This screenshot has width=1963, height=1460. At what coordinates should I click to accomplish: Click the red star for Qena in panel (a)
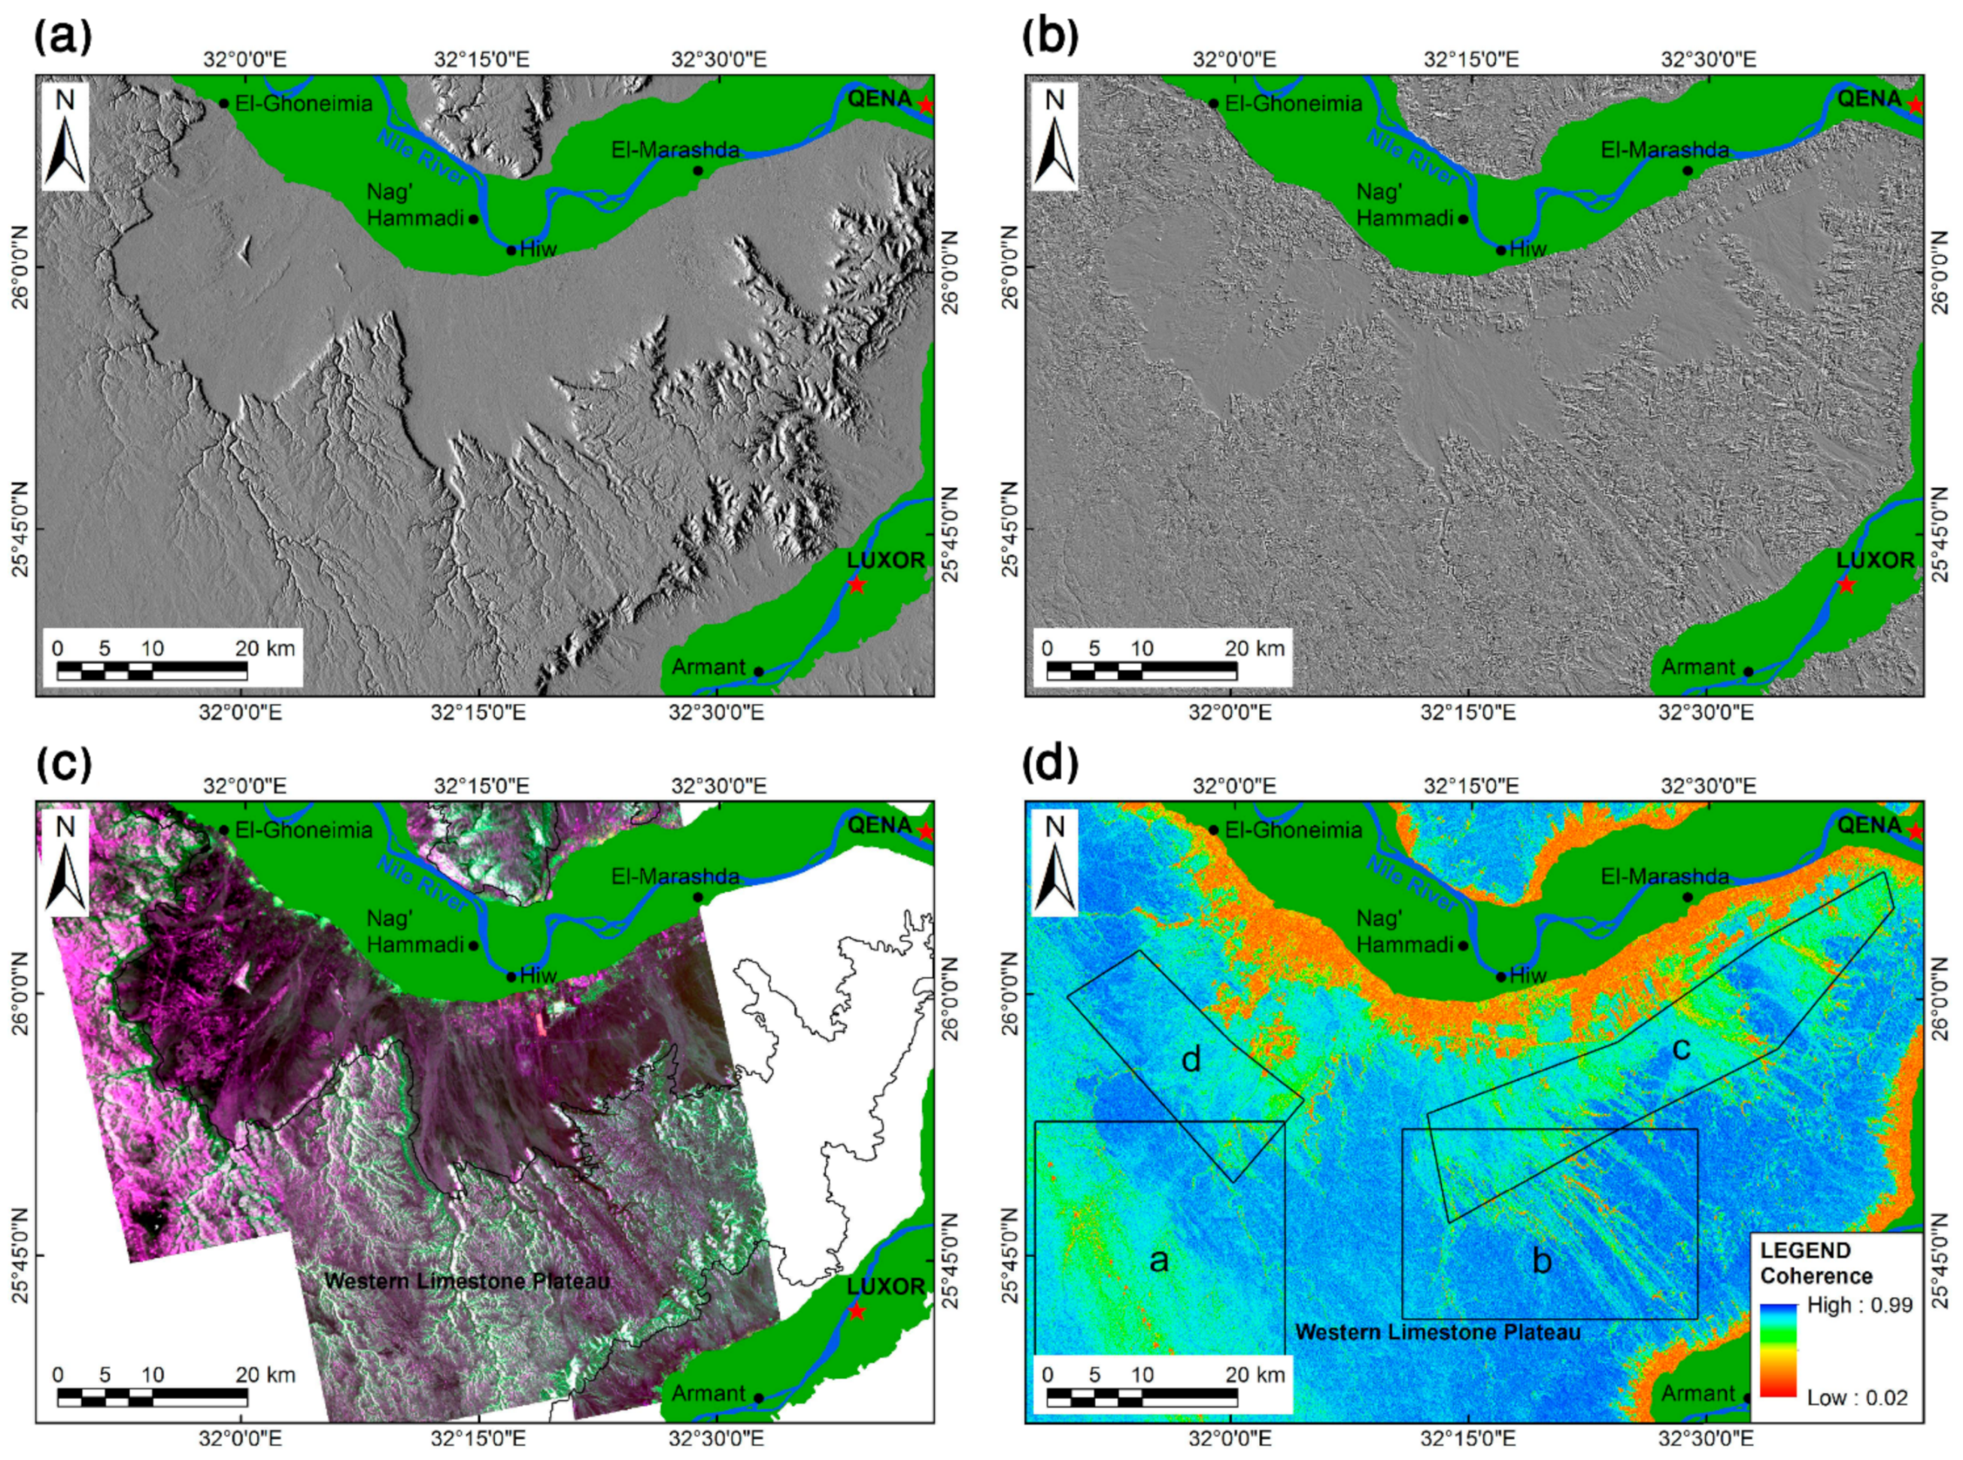(925, 105)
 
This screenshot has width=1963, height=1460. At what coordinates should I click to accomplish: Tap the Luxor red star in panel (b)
(1846, 584)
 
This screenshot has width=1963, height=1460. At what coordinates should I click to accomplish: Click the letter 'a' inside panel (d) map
(1159, 1259)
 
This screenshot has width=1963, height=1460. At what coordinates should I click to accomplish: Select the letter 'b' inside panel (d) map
(1542, 1260)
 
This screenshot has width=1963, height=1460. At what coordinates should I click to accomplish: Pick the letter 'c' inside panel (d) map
(1682, 1049)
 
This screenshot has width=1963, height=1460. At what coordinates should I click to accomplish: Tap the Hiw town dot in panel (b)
(1500, 250)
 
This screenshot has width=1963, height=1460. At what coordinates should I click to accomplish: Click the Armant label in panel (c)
(708, 1394)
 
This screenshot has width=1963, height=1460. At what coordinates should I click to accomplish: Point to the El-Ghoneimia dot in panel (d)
(1213, 830)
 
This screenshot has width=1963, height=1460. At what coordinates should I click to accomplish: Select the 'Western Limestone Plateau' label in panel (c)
(466, 1280)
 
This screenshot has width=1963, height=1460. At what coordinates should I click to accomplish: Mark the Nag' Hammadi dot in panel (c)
(474, 946)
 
